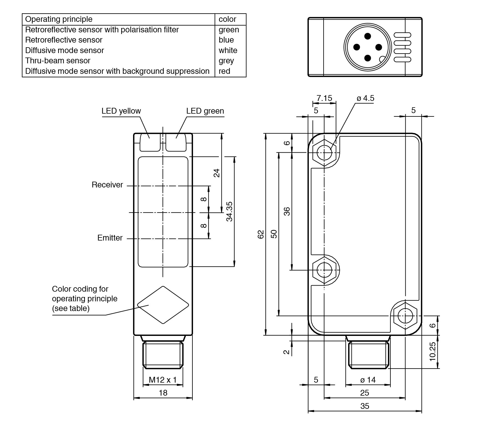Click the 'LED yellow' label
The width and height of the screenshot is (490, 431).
click(121, 111)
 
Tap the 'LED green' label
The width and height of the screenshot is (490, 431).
click(205, 111)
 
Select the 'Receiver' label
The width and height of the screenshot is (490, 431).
click(107, 185)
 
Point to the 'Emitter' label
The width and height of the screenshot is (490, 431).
click(110, 238)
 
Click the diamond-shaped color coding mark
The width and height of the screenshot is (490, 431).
click(163, 305)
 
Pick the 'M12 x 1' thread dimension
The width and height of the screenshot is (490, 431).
click(163, 380)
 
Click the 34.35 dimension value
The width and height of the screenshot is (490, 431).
click(229, 211)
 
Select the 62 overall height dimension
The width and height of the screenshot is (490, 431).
click(261, 234)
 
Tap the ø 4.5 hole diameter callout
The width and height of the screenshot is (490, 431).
click(365, 98)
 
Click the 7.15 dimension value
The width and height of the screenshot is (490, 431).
click(324, 98)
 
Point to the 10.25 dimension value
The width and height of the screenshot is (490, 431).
click(432, 351)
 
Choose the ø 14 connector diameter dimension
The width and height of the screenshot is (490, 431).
click(368, 380)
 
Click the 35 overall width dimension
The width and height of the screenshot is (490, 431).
click(365, 406)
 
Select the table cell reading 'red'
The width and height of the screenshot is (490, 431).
click(224, 71)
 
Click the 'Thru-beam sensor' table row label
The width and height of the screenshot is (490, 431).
click(58, 61)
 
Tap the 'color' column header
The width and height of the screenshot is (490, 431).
click(227, 19)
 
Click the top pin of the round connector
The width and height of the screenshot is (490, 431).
click(367, 36)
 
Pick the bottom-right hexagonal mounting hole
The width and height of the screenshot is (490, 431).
click(405, 315)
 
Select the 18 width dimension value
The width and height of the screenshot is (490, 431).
click(163, 393)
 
